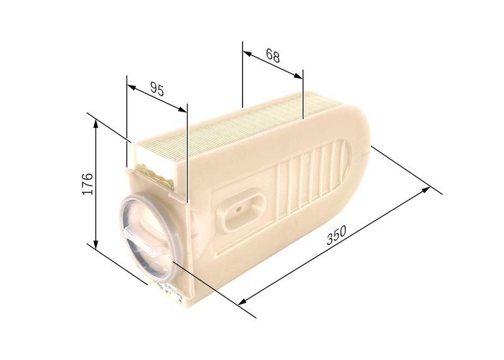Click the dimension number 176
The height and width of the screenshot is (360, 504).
(x=88, y=182)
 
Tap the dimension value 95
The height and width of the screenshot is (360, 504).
(x=157, y=90)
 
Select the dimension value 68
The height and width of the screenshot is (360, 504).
(x=272, y=55)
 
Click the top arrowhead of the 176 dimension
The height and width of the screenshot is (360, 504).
(x=96, y=124)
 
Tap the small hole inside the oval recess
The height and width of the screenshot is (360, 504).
(x=239, y=206)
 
